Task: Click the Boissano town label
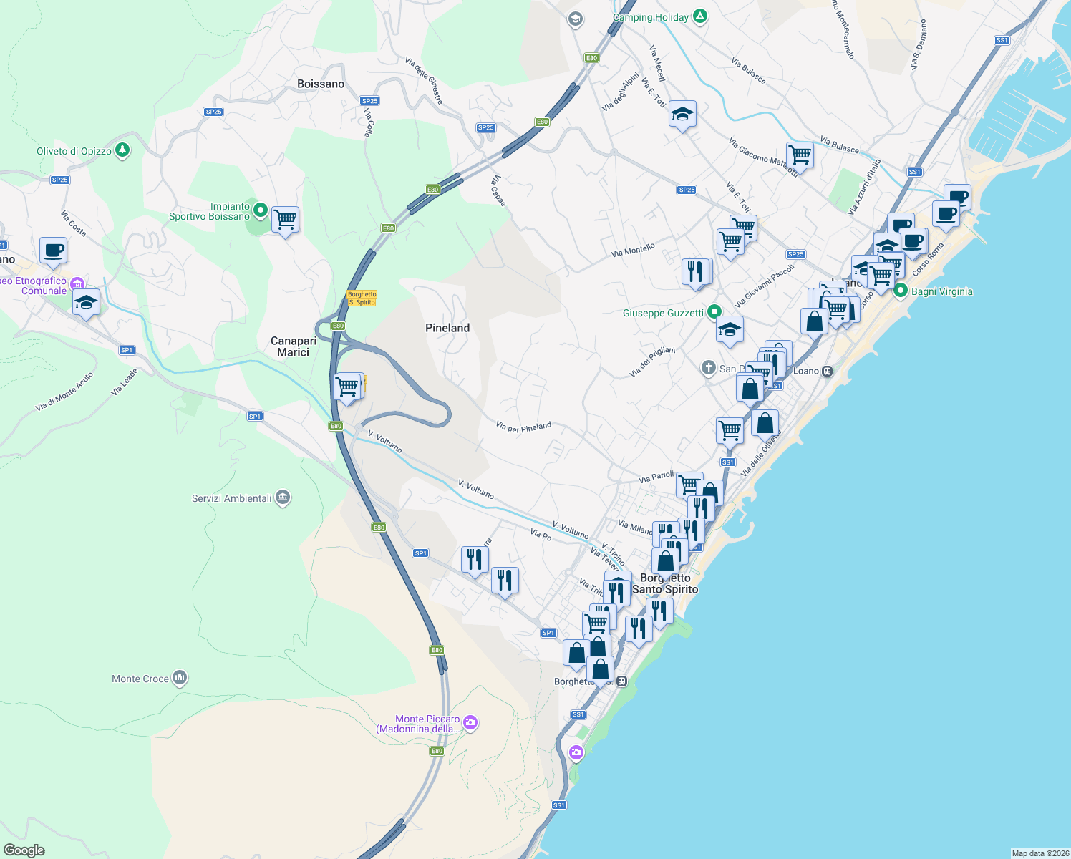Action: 321,84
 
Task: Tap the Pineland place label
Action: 447,328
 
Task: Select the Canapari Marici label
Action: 294,346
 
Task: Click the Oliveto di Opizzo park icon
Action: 123,150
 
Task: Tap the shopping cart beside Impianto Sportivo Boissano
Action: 285,219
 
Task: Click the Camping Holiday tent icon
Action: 700,16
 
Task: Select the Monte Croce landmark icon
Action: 180,677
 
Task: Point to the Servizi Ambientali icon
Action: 283,498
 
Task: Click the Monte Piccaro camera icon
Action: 470,722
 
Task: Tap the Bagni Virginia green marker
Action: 901,291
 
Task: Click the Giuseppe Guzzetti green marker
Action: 714,312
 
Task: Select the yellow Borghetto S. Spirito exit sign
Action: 362,299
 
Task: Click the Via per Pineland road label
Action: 523,427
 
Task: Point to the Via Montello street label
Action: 633,250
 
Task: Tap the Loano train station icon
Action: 827,371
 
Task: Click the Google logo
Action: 24,850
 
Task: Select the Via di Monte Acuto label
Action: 64,392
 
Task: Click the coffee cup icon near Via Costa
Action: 53,251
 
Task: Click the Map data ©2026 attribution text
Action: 1040,853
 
